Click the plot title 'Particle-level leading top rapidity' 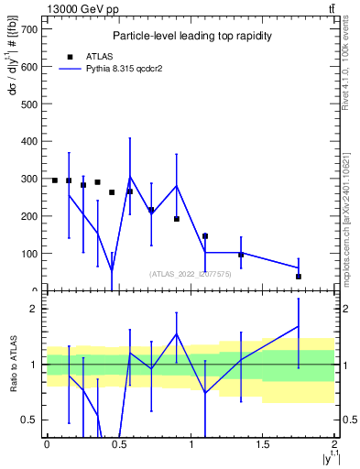tap(188, 36)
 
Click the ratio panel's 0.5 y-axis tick tap(31, 420)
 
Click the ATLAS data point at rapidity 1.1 tap(205, 236)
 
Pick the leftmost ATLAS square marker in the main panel tap(55, 180)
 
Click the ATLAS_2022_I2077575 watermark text tap(190, 273)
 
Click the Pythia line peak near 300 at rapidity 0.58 tap(130, 177)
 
